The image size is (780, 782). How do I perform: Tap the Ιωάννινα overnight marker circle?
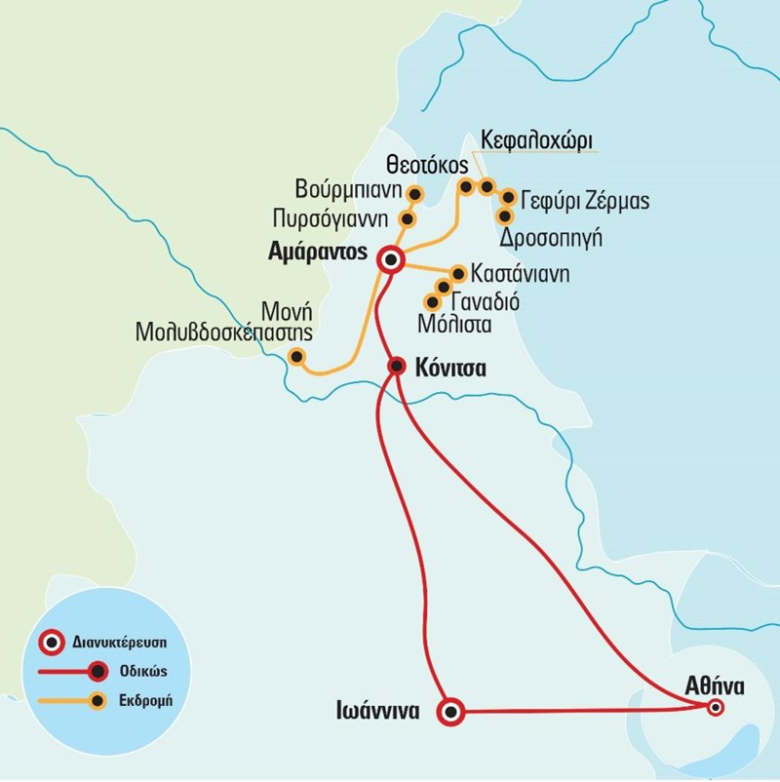point(450,712)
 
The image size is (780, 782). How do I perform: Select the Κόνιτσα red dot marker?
point(397,366)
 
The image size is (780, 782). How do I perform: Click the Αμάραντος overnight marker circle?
point(392,259)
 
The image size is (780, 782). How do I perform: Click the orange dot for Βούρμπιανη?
point(413,193)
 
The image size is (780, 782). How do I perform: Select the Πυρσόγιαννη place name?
point(331,216)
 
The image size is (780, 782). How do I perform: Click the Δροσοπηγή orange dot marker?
point(505,216)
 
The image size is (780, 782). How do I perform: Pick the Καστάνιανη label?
point(520,273)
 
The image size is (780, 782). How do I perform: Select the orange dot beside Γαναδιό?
point(444,287)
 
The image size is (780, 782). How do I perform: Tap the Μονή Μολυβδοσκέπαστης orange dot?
point(296,357)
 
